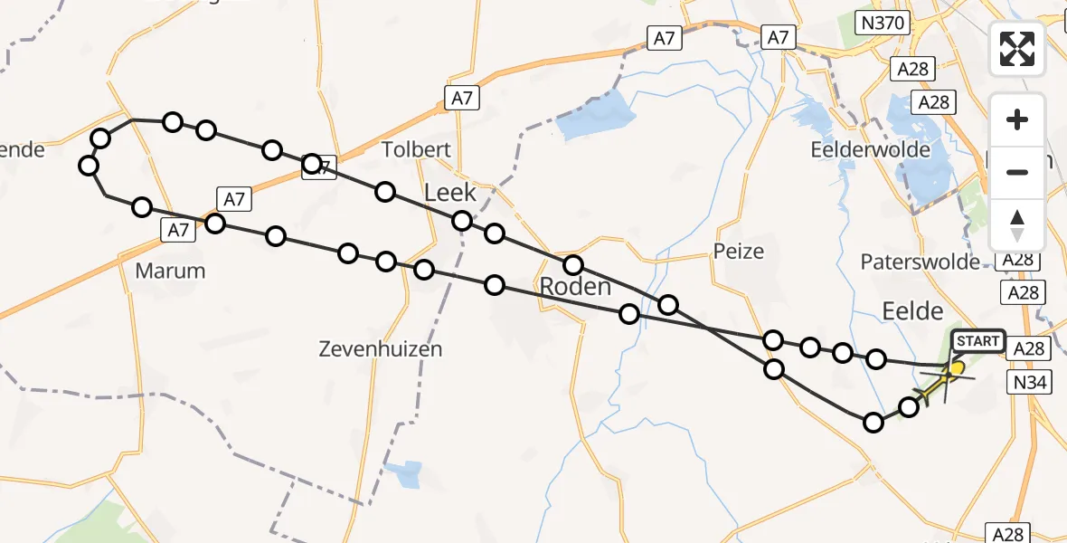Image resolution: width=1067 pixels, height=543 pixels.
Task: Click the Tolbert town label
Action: [416, 149]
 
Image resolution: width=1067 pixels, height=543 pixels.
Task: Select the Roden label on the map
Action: [576, 288]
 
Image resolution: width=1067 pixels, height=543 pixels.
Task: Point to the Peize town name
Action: [739, 252]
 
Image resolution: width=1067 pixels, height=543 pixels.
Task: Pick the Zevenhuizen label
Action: [380, 348]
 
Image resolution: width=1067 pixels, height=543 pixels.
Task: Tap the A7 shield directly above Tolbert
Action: [462, 99]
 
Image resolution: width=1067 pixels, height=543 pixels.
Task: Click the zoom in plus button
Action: [1017, 119]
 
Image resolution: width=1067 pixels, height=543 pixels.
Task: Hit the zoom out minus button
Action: [1017, 172]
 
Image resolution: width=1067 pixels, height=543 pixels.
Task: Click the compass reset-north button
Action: [1017, 224]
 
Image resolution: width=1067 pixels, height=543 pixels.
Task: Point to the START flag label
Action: [977, 341]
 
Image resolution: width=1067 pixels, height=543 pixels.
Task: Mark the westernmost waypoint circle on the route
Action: [89, 165]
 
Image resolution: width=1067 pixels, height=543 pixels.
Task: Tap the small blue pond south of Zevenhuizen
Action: [404, 473]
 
